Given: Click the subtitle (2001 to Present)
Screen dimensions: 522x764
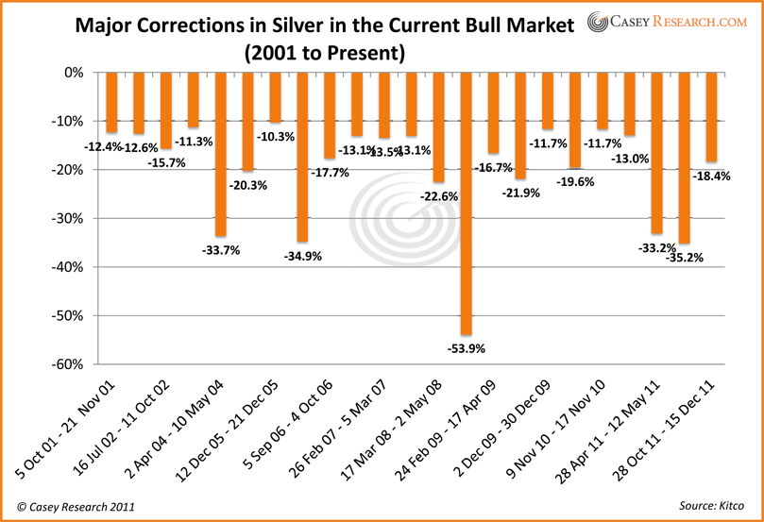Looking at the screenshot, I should [x=324, y=54].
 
